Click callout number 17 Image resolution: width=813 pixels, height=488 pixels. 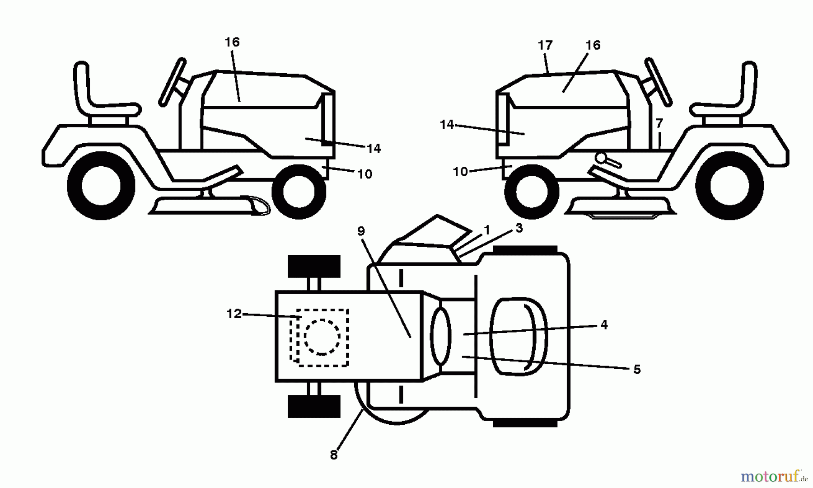545,46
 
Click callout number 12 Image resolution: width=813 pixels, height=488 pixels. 234,314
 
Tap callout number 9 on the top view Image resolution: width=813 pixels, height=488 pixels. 360,231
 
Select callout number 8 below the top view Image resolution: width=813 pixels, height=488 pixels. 334,455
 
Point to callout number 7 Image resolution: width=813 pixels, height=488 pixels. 659,123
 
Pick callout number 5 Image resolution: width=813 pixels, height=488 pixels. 637,370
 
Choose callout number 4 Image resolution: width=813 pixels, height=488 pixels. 604,324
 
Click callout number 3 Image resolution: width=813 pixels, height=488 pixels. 519,228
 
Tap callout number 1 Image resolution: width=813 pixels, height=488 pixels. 486,230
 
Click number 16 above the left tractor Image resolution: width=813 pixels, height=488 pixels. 232,42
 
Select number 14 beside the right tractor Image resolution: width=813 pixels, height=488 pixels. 447,124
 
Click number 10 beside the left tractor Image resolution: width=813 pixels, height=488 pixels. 365,174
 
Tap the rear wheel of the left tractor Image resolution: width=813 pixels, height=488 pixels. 101,186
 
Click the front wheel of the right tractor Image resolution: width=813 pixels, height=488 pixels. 530,192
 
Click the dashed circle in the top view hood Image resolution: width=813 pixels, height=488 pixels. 322,337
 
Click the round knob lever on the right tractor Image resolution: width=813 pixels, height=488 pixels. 602,158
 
